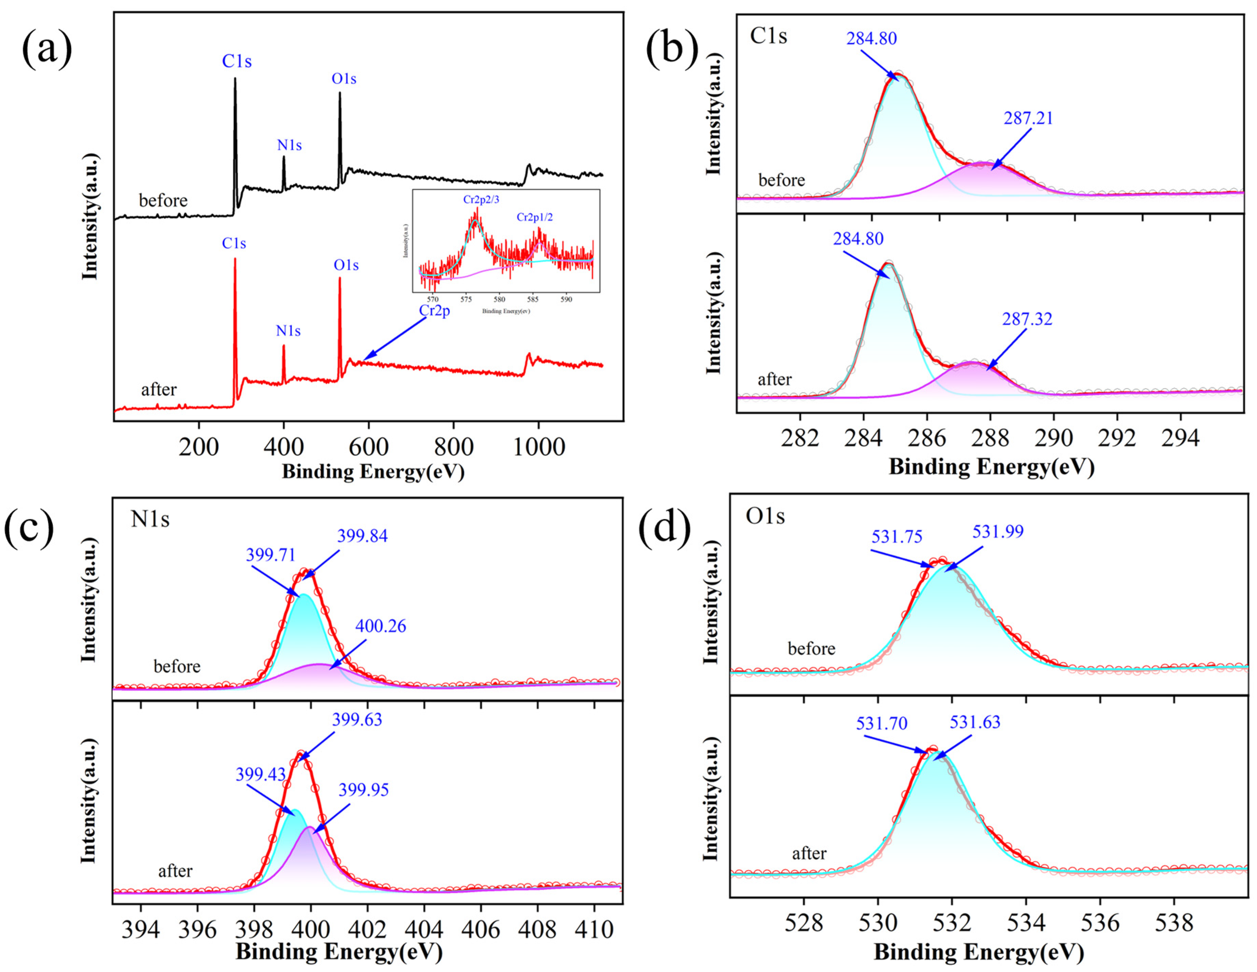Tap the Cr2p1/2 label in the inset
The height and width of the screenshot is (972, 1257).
(535, 217)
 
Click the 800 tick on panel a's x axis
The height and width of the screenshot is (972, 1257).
(453, 446)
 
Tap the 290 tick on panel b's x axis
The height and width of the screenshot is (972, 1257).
(1053, 439)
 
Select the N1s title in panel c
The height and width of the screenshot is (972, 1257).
(150, 520)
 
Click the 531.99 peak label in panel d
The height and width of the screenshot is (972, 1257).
(998, 531)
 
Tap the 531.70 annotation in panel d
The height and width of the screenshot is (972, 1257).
(881, 723)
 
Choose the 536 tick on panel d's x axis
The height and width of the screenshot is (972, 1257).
(1100, 923)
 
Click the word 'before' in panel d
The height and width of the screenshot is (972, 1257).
(811, 649)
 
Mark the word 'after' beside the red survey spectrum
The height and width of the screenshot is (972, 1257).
(159, 390)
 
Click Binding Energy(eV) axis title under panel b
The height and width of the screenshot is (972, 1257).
(991, 466)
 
